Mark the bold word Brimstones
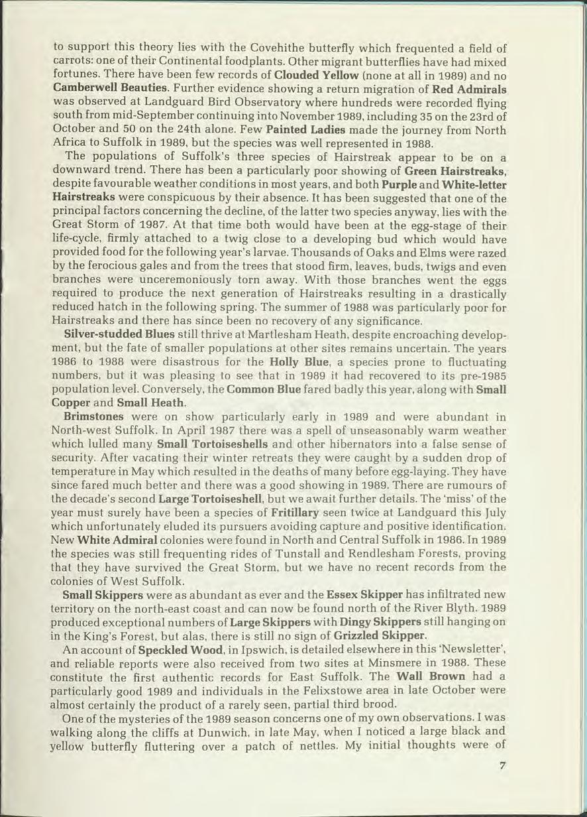[x=93, y=418]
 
